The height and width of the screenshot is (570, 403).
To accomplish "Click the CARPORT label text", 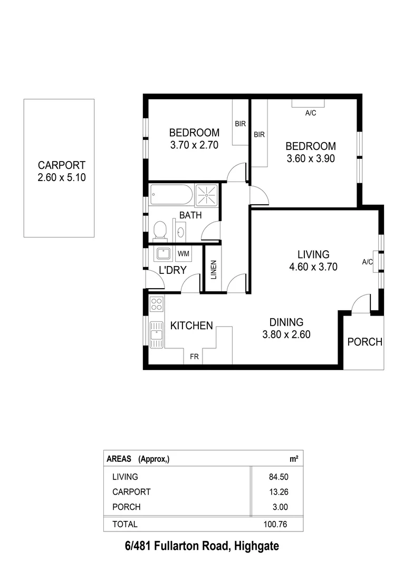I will point(61,165).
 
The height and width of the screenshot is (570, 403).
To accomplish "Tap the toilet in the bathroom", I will point(159,230).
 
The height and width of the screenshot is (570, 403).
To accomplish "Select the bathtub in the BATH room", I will point(171,195).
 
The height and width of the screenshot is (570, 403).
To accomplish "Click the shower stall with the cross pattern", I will point(206,195).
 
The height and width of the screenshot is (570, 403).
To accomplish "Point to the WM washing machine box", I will point(183,254).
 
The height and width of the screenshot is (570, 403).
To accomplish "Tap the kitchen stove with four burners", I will point(156,303).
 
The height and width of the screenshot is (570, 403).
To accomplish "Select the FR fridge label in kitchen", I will point(194,357).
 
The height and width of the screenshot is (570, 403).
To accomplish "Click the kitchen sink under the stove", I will point(156,334).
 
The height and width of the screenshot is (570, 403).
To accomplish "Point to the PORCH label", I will point(364,342).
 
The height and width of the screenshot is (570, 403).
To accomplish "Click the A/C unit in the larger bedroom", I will point(309,104).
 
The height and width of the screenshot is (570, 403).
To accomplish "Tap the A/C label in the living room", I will point(368,262).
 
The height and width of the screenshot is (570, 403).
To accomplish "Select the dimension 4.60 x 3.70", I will point(313,267).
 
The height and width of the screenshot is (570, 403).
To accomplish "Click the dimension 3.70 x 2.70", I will point(194,144).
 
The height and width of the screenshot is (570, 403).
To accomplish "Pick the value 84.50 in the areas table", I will point(279,477).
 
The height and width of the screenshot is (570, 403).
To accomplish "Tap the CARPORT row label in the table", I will point(131,492).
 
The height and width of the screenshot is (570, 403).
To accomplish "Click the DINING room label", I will point(286,322).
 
